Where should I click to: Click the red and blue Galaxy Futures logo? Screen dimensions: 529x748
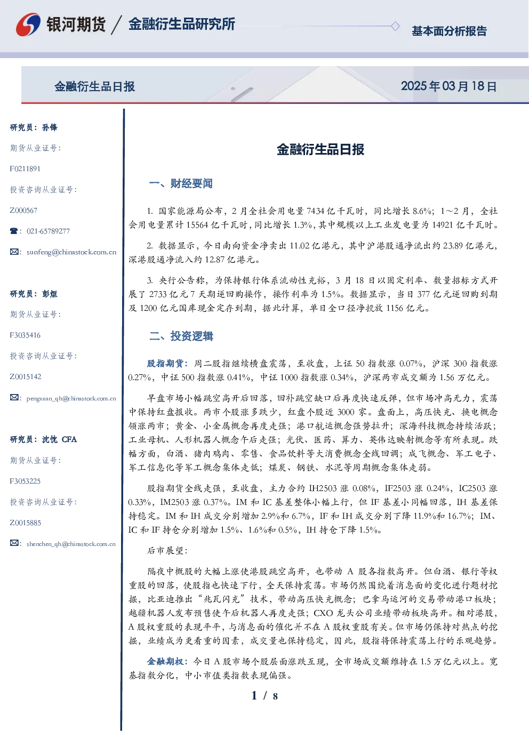tap(28, 25)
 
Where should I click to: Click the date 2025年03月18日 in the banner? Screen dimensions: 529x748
tap(448, 86)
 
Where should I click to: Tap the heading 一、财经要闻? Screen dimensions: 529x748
tap(181, 183)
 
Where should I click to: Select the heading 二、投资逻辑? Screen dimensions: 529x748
tap(181, 336)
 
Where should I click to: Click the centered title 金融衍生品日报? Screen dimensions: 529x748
tap(320, 149)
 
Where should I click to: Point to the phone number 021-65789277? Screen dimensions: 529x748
tap(48, 231)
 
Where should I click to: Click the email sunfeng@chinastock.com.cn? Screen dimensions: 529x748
tap(71, 252)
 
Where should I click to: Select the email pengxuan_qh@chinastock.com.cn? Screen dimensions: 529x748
tap(71, 398)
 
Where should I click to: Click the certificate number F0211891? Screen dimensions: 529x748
tap(25, 168)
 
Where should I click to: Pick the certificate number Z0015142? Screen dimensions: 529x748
tap(26, 377)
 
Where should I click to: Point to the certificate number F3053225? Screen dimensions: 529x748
tap(25, 481)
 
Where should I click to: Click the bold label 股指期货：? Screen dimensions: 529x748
tap(167, 363)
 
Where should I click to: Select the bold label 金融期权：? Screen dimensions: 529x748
tap(167, 662)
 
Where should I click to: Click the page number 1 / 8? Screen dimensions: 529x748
tap(264, 696)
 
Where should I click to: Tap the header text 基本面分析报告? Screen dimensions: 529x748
tap(449, 31)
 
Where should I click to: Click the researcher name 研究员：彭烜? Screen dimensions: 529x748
tap(34, 294)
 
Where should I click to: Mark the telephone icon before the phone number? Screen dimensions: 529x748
tap(14, 231)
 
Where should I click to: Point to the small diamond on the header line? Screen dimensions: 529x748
tap(395, 26)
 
